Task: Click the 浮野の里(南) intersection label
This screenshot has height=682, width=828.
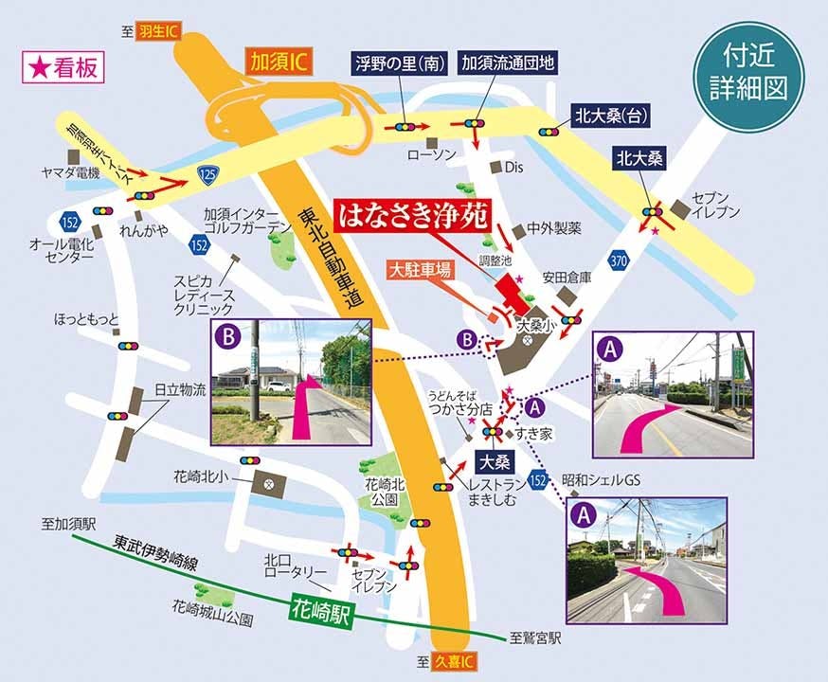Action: (x=398, y=63)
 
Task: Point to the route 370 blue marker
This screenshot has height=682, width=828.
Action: (x=620, y=260)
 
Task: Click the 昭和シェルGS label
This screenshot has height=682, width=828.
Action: (x=600, y=480)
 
